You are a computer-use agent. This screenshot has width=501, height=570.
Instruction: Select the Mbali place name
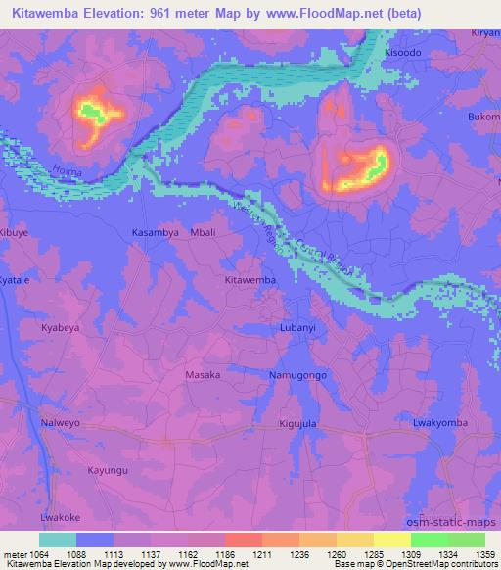[203, 233]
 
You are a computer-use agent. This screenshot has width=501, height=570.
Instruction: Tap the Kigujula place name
[296, 422]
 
